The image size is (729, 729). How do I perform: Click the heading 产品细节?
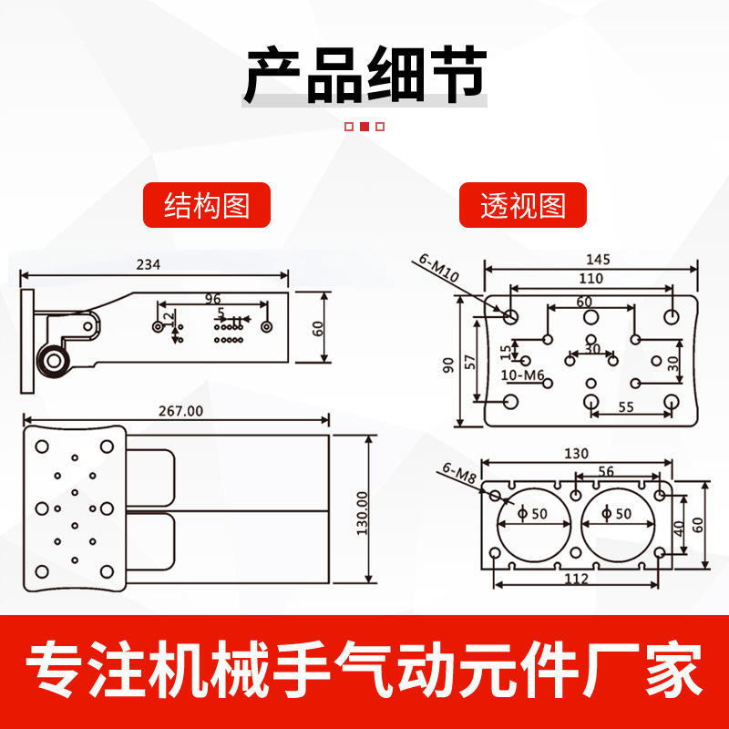pyautogui.click(x=364, y=75)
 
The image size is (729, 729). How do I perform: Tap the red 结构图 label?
pyautogui.click(x=207, y=205)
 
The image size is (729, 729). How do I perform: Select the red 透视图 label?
pyautogui.click(x=523, y=205)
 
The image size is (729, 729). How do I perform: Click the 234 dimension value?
pyautogui.click(x=149, y=265)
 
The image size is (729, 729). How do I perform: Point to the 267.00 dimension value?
pyautogui.click(x=181, y=411)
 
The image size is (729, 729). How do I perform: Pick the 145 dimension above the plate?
pyautogui.click(x=598, y=259)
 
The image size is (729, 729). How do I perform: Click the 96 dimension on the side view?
pyautogui.click(x=213, y=299)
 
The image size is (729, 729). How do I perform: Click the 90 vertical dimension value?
pyautogui.click(x=447, y=364)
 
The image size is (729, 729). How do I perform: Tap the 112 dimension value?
pyautogui.click(x=576, y=579)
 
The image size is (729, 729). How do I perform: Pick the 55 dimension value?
pyautogui.click(x=626, y=407)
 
